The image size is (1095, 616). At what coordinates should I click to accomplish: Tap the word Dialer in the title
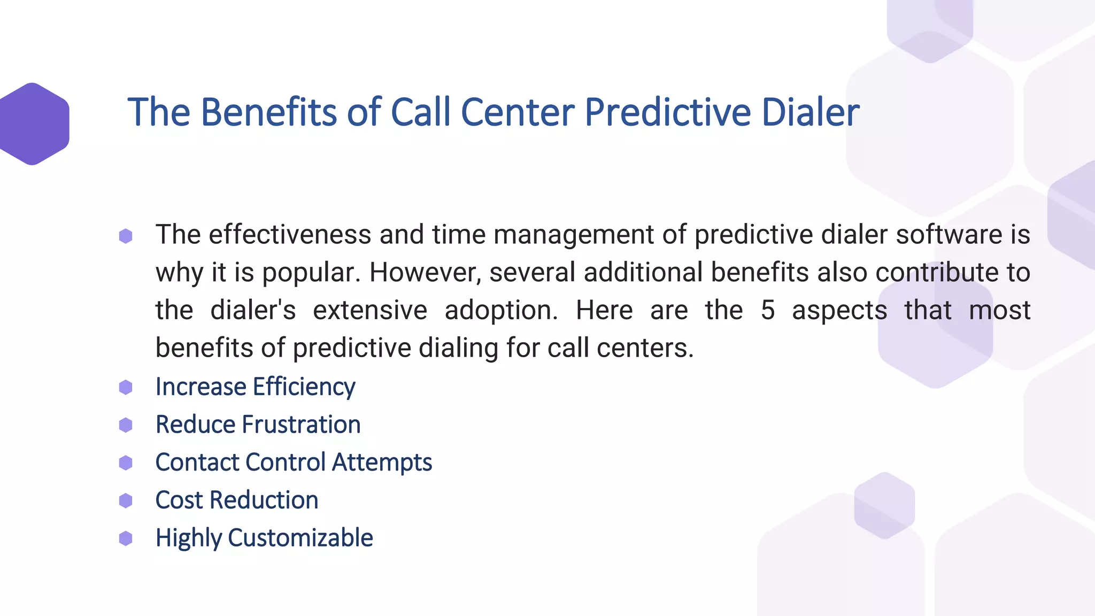click(x=810, y=112)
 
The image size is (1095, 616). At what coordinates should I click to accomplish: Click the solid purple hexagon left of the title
click(x=33, y=124)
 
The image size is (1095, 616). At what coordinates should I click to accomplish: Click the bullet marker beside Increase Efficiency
click(x=126, y=387)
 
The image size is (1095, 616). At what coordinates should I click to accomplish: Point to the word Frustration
click(x=301, y=425)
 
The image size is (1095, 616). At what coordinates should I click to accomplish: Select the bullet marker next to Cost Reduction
click(x=126, y=500)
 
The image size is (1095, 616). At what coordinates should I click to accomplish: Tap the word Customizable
click(x=300, y=538)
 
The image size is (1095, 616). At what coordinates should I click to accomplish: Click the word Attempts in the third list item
click(x=382, y=463)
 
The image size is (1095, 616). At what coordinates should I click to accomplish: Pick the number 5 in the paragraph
click(x=767, y=310)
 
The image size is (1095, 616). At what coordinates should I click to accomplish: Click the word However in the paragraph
click(x=426, y=272)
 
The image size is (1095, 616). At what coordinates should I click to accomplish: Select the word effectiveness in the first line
click(x=289, y=235)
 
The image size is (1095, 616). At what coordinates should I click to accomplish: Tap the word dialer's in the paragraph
click(x=253, y=310)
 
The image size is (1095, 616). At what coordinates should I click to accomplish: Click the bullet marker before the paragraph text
click(x=126, y=236)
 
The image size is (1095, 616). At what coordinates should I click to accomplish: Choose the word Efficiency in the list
click(x=304, y=387)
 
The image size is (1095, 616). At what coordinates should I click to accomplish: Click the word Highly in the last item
click(x=188, y=538)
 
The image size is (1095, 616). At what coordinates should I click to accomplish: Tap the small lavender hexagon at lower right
click(x=884, y=505)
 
